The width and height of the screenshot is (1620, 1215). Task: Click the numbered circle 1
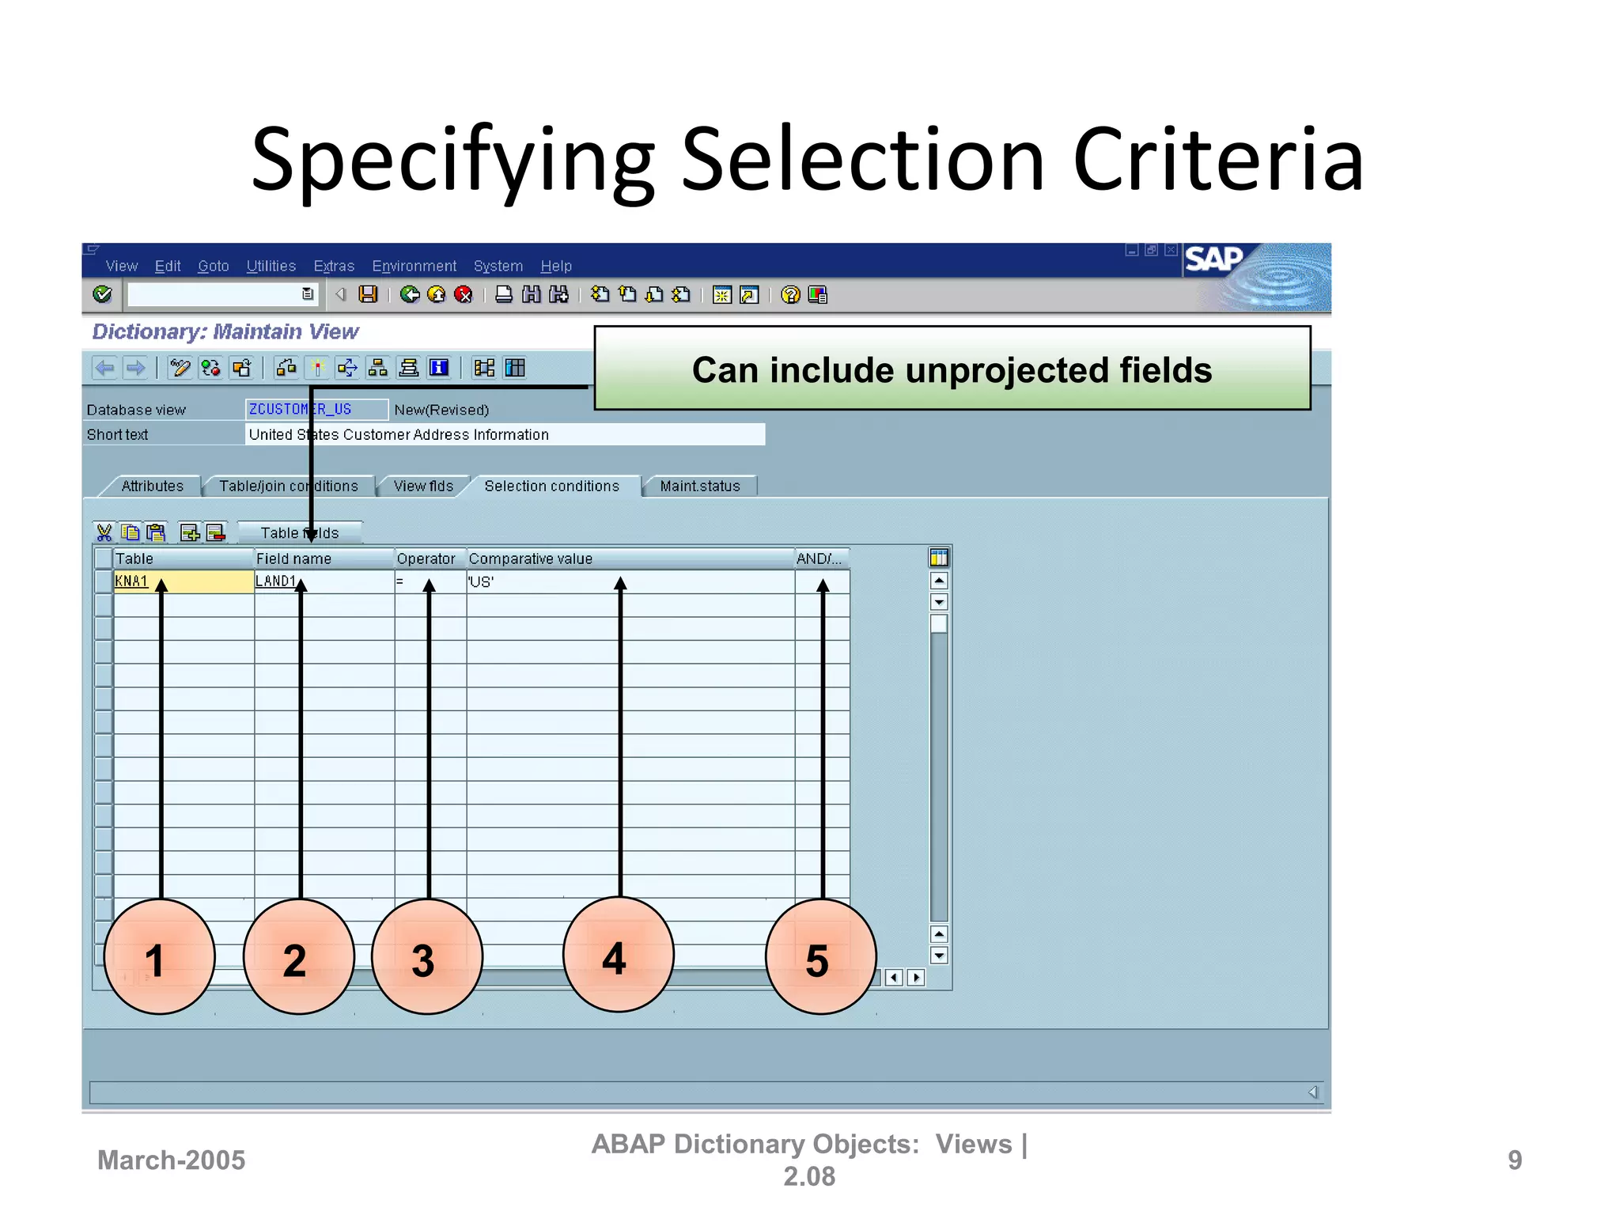(x=159, y=956)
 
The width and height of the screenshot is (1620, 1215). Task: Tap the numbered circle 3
(x=426, y=956)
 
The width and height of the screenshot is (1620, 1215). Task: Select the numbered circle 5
(x=820, y=956)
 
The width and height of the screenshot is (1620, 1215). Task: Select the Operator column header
(x=426, y=558)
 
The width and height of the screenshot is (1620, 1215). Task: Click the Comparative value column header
(x=531, y=558)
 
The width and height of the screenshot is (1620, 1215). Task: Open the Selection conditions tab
(x=551, y=486)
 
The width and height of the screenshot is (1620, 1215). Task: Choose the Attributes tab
(x=152, y=486)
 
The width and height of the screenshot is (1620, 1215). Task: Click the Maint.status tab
(x=700, y=486)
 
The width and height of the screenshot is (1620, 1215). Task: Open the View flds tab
(x=423, y=486)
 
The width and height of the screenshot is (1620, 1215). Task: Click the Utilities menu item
(x=271, y=266)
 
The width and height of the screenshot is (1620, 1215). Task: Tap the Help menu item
(x=556, y=266)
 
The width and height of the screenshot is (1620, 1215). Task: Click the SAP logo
(x=1213, y=259)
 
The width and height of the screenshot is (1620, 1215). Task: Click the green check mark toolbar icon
(x=102, y=294)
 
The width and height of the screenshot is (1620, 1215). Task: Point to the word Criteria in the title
(x=1218, y=161)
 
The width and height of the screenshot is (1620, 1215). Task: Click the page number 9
(x=1514, y=1160)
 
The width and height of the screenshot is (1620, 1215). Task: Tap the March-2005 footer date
(x=171, y=1160)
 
